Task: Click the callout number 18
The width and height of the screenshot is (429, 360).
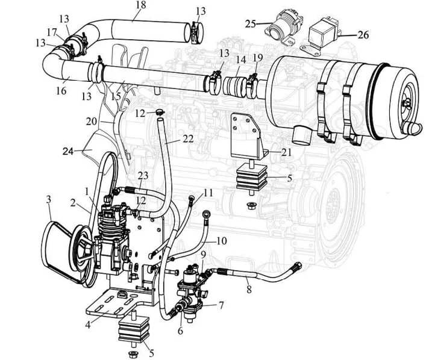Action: pos(140,5)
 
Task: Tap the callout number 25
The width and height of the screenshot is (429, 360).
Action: pos(251,23)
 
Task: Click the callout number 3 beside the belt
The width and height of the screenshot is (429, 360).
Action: pos(49,199)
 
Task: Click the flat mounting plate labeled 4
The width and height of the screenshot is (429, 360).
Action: pos(114,304)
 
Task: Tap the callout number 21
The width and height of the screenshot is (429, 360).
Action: pos(285,152)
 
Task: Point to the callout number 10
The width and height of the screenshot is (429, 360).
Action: pos(221,241)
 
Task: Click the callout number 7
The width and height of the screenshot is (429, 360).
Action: pos(221,306)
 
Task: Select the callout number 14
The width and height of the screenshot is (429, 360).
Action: pos(240,60)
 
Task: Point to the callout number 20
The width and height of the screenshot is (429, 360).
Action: pos(91,121)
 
